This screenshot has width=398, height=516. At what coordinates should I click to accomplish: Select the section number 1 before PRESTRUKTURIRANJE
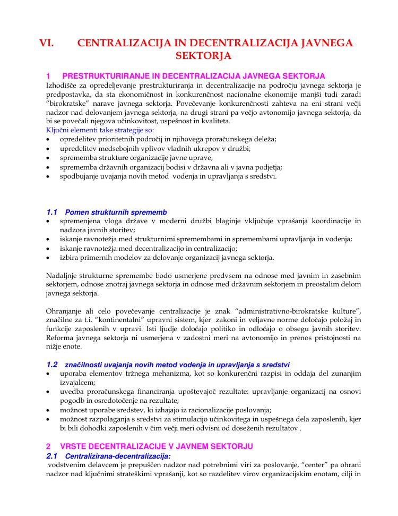click(x=48, y=77)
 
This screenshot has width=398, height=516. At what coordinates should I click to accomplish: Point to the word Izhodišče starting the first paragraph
click(x=63, y=86)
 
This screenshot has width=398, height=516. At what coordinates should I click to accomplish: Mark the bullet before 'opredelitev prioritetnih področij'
click(x=49, y=139)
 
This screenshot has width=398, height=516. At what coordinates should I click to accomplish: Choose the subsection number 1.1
click(x=52, y=212)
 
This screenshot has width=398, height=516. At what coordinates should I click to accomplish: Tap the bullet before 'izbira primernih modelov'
click(x=49, y=258)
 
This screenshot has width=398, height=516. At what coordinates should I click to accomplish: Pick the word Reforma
click(x=60, y=337)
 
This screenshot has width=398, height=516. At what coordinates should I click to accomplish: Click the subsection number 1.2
click(x=52, y=365)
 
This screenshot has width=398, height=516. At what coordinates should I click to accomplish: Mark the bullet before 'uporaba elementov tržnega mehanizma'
click(x=49, y=374)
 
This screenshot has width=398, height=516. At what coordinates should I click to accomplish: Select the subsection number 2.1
click(x=52, y=456)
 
